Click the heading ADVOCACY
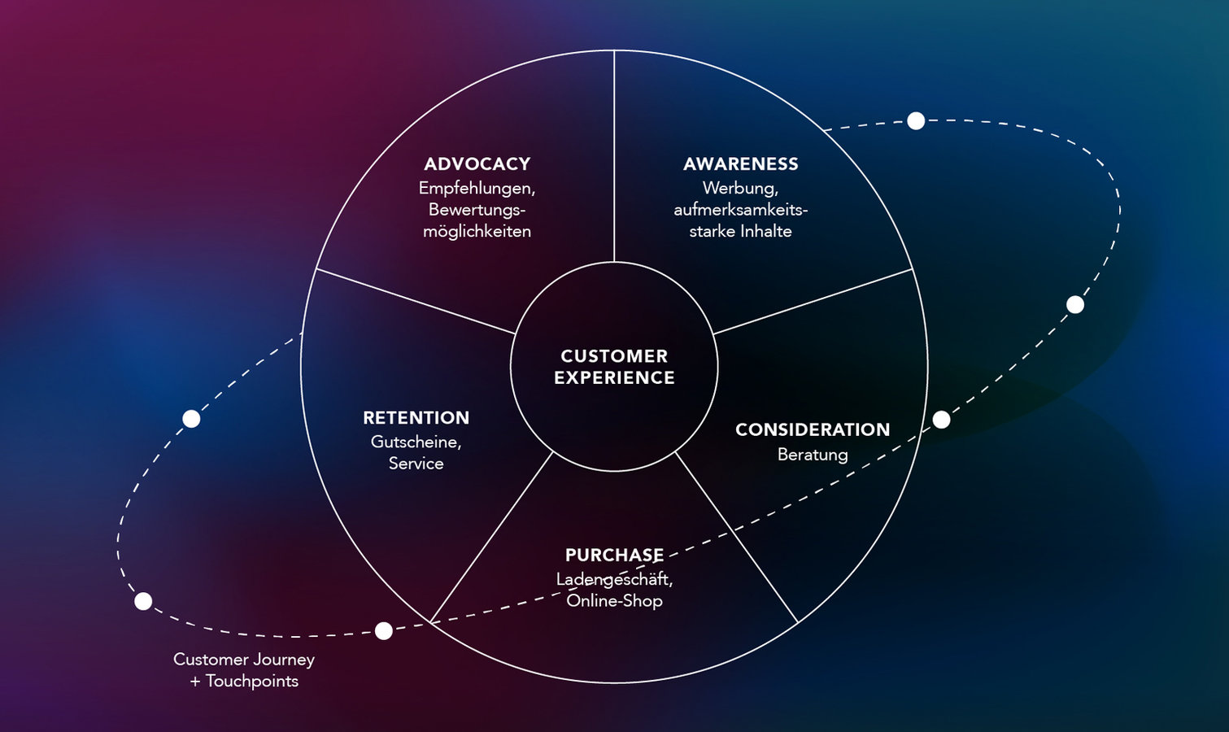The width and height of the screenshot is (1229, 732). tap(477, 164)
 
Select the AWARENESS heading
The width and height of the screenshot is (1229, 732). tap(740, 164)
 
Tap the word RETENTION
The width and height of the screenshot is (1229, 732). tap(416, 418)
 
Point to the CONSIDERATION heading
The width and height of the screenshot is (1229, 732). tap(813, 430)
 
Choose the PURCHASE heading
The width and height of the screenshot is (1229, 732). tap(614, 556)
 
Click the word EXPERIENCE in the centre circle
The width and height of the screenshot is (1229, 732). tap(614, 378)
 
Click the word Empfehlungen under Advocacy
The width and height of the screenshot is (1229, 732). tap(476, 189)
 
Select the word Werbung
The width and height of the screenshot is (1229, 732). tap(739, 189)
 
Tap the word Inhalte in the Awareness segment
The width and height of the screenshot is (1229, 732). tap(765, 232)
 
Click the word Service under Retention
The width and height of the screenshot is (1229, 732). tap(416, 464)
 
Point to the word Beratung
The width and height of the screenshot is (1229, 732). tap(813, 455)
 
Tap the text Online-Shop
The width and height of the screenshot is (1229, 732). tap(614, 601)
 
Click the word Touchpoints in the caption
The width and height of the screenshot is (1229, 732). tap(251, 682)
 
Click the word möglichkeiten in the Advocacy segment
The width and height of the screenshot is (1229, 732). tap(477, 232)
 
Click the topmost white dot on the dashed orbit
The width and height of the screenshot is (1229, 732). tap(916, 121)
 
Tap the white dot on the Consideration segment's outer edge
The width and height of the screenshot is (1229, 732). tap(941, 420)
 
